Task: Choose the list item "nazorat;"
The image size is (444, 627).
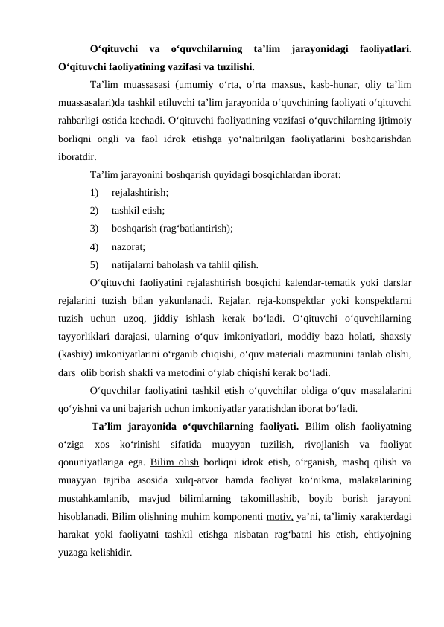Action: point(128,246)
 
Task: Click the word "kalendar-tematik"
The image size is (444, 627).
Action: point(330,284)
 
